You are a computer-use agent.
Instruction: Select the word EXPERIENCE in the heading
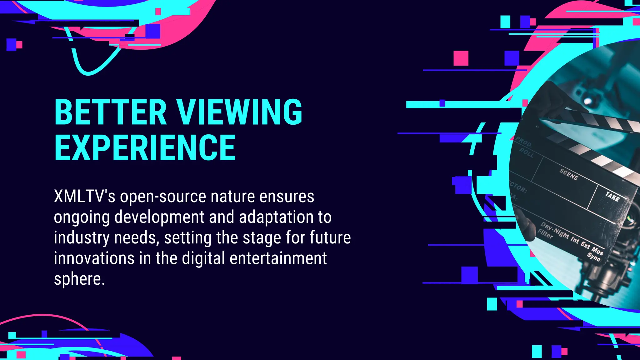145,147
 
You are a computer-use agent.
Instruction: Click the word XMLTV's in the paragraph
84,197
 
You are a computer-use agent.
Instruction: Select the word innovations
94,258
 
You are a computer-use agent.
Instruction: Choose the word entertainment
278,258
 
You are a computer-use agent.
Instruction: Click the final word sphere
79,279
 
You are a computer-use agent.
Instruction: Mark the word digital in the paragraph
203,258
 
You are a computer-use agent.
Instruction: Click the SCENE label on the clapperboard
569,174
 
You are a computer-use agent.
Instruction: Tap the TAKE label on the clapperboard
612,197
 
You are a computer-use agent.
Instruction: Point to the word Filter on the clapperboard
545,233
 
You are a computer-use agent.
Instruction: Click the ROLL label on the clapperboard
527,153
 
